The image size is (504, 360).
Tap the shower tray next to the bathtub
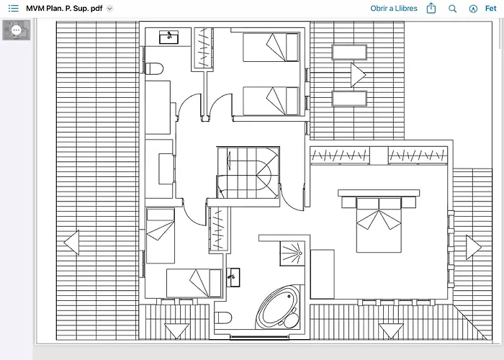click(x=292, y=253)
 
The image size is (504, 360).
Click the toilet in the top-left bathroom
click(x=154, y=68)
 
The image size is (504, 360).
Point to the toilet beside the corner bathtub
click(x=222, y=318)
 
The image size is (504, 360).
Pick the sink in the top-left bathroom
click(x=168, y=37)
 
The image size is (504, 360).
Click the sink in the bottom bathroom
click(x=233, y=277)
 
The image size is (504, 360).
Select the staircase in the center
click(x=248, y=173)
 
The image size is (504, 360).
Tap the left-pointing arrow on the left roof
click(x=71, y=243)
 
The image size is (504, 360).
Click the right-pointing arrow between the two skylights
click(x=358, y=75)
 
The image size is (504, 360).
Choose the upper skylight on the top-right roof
click(x=349, y=52)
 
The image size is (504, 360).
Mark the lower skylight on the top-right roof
click(x=349, y=99)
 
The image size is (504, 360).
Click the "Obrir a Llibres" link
click(x=394, y=9)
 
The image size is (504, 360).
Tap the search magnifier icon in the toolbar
click(x=452, y=9)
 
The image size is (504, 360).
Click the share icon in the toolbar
click(x=431, y=8)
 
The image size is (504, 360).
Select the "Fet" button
click(x=491, y=9)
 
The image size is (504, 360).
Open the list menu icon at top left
click(x=14, y=9)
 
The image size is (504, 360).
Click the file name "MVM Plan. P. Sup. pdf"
click(x=64, y=9)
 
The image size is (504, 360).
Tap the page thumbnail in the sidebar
click(x=17, y=30)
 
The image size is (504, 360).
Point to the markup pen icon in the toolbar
click(x=473, y=9)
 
